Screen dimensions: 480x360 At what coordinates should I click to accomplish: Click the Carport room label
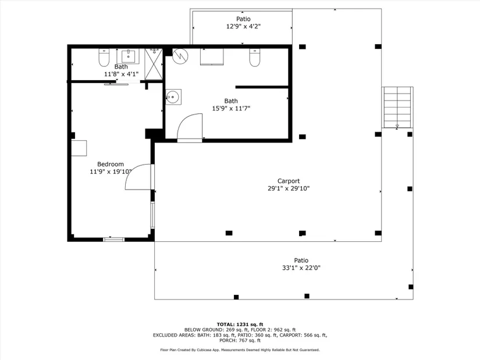coord(289,181)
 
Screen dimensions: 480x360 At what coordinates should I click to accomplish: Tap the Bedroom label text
coord(111,164)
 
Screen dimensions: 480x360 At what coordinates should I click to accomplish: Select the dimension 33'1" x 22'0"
coord(301,268)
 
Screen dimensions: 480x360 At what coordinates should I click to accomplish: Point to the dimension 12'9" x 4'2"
coord(243,26)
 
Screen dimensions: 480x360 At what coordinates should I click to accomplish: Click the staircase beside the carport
coord(397,107)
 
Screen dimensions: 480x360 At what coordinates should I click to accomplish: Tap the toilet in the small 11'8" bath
coord(104,58)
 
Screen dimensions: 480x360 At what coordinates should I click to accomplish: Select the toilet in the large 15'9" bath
coord(255,58)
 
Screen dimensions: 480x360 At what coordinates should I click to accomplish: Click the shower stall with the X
coord(154,64)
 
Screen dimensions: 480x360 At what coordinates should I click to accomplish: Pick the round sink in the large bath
coord(173,97)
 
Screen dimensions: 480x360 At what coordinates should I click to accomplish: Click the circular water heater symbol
coord(180,56)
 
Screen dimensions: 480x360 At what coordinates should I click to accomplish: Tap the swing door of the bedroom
coord(138,177)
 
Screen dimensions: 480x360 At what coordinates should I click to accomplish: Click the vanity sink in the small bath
coord(128,56)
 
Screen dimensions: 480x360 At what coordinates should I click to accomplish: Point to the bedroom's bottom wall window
coord(113,239)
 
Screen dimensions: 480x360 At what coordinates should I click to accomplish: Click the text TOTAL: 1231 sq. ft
coord(240,325)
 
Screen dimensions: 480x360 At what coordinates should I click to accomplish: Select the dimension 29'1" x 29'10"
coord(289,188)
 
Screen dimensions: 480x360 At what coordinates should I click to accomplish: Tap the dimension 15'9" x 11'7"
coord(231,108)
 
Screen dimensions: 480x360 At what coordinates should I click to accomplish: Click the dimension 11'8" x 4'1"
coord(121,74)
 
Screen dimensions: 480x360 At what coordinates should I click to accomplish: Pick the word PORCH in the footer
coord(227,340)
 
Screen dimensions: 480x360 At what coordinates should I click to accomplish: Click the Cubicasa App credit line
coord(240,350)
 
